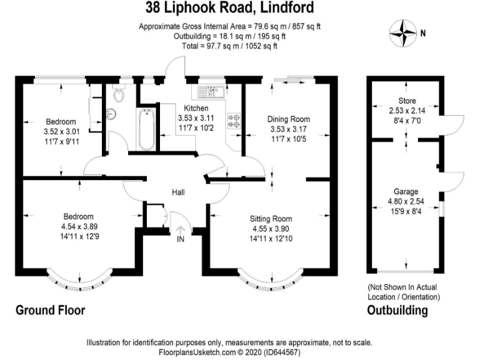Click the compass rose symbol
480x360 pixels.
click(x=403, y=33)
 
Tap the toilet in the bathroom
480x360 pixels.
click(x=119, y=94)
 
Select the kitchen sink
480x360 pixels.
click(x=211, y=91)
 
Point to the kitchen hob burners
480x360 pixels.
click(x=234, y=121)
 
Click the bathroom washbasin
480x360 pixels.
click(x=111, y=114)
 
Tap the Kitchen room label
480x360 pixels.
click(x=196, y=108)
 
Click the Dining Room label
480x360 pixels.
click(x=288, y=119)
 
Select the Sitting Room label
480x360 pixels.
click(x=271, y=219)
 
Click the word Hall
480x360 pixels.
click(x=178, y=192)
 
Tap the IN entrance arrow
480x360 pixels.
click(x=181, y=230)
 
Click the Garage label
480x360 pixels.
click(x=406, y=192)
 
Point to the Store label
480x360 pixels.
click(x=407, y=101)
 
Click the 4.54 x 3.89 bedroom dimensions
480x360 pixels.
click(x=79, y=226)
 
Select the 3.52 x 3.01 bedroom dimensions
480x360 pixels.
click(x=61, y=132)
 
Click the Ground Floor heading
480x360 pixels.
click(x=50, y=310)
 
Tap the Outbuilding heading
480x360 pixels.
click(x=397, y=310)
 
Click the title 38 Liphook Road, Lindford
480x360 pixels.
click(x=229, y=7)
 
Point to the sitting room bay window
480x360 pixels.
click(x=271, y=283)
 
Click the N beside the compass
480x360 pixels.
click(x=423, y=33)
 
